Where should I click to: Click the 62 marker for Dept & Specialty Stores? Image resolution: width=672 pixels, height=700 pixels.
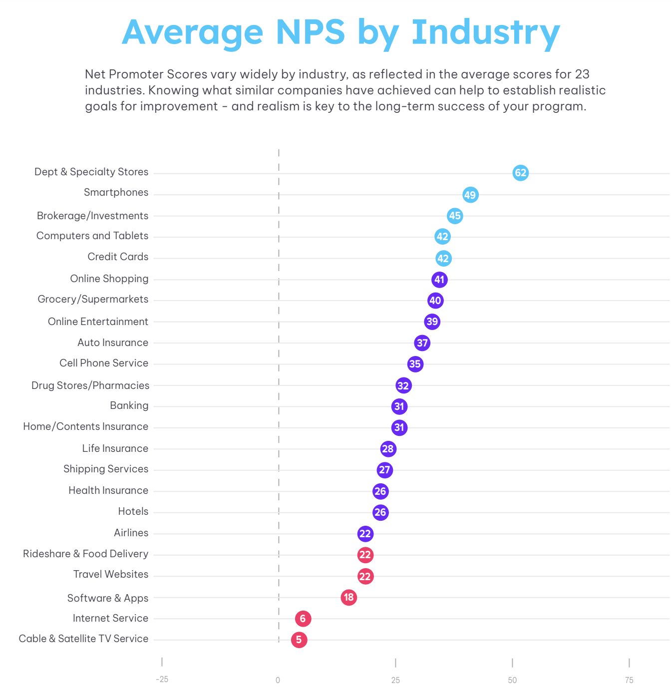tap(520, 173)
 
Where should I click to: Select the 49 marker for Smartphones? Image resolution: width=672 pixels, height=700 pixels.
tap(470, 195)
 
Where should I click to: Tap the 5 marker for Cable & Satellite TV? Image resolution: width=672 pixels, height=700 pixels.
tap(299, 640)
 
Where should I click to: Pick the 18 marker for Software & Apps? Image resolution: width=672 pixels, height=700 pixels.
tap(348, 597)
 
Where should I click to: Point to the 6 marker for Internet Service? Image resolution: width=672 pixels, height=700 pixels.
tap(303, 619)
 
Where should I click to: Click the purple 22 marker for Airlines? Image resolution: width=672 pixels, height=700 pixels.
tap(365, 534)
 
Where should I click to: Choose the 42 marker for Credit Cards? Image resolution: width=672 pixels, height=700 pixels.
tap(443, 258)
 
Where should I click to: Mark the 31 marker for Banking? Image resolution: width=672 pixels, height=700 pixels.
tap(399, 406)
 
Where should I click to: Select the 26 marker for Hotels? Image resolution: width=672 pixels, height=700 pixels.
tap(380, 512)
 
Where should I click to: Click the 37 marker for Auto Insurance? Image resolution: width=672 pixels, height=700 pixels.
tap(422, 343)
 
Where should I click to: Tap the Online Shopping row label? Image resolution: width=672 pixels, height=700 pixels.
tap(109, 279)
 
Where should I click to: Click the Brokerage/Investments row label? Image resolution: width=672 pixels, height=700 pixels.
tap(92, 216)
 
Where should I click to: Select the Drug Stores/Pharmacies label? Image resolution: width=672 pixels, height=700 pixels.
tap(90, 385)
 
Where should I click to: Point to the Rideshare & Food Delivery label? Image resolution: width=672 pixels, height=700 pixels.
tap(85, 554)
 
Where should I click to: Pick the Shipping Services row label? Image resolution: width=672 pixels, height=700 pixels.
tap(106, 469)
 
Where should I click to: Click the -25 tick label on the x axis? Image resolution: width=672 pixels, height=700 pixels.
tap(162, 680)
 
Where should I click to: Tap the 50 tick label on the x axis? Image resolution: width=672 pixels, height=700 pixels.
tap(512, 680)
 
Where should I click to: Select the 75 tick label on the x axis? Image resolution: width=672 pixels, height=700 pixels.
tap(629, 680)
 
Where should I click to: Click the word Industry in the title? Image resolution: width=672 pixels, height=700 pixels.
tap(485, 32)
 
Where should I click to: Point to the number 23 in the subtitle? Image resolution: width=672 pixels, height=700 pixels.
tap(582, 74)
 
